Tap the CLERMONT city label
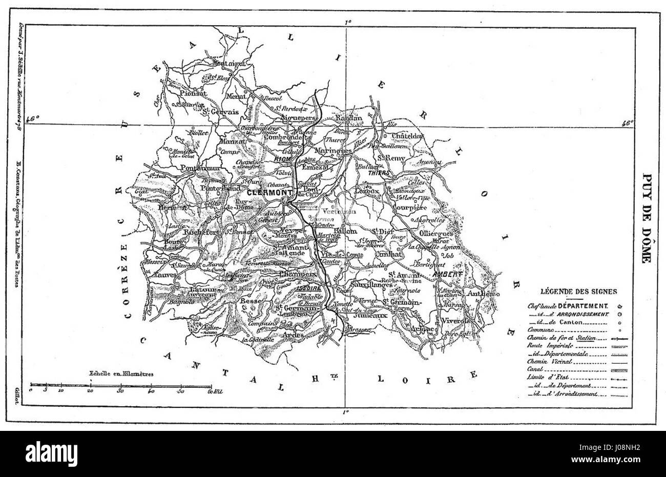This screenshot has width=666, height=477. [267, 193]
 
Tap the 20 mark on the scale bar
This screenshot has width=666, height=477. [91, 390]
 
